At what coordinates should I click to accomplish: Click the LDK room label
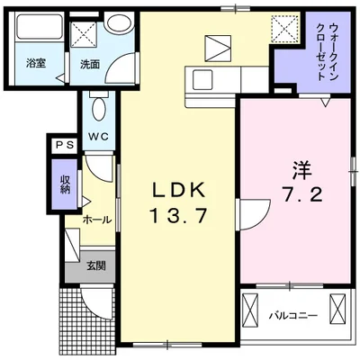click(178, 190)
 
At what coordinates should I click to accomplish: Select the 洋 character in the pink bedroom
click(300, 169)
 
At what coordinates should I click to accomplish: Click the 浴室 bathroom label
click(36, 65)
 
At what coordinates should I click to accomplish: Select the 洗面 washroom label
click(89, 65)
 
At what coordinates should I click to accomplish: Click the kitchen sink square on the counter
click(218, 47)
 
